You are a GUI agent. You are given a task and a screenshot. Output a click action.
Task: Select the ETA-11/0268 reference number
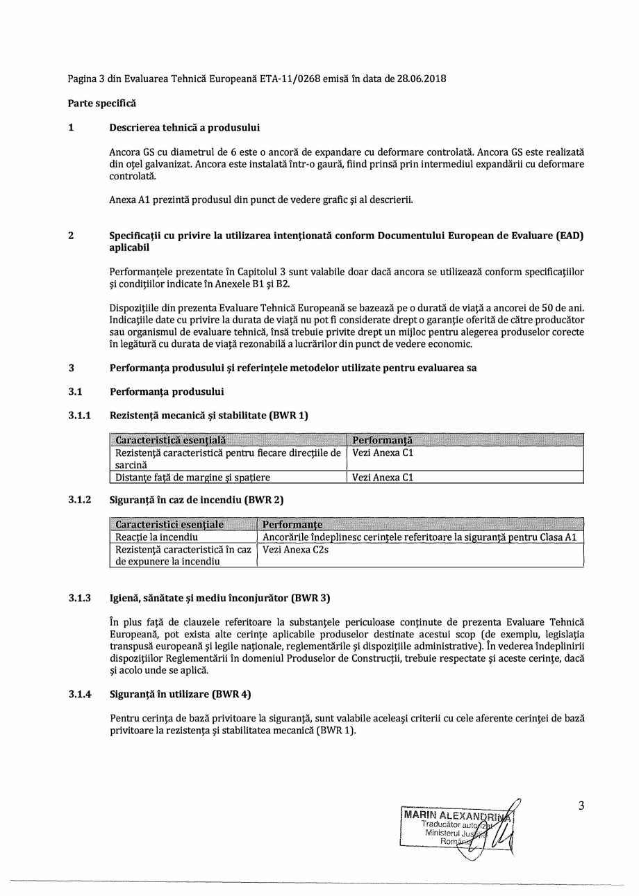[291, 79]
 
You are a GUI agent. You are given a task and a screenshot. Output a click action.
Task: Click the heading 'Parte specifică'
[101, 103]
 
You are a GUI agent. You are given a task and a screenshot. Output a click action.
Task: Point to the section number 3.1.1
[80, 416]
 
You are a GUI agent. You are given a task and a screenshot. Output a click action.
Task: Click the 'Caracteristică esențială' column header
[170, 440]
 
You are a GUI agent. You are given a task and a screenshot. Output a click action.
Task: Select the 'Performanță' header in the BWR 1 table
[382, 440]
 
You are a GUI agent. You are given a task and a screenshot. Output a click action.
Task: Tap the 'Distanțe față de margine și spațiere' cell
[192, 478]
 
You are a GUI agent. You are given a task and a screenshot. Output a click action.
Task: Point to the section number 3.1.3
[80, 598]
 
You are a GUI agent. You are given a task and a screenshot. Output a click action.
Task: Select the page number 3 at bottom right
[581, 806]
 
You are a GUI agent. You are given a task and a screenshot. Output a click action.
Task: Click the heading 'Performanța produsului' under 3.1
[167, 392]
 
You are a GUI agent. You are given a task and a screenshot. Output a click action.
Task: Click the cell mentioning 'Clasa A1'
[420, 537]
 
